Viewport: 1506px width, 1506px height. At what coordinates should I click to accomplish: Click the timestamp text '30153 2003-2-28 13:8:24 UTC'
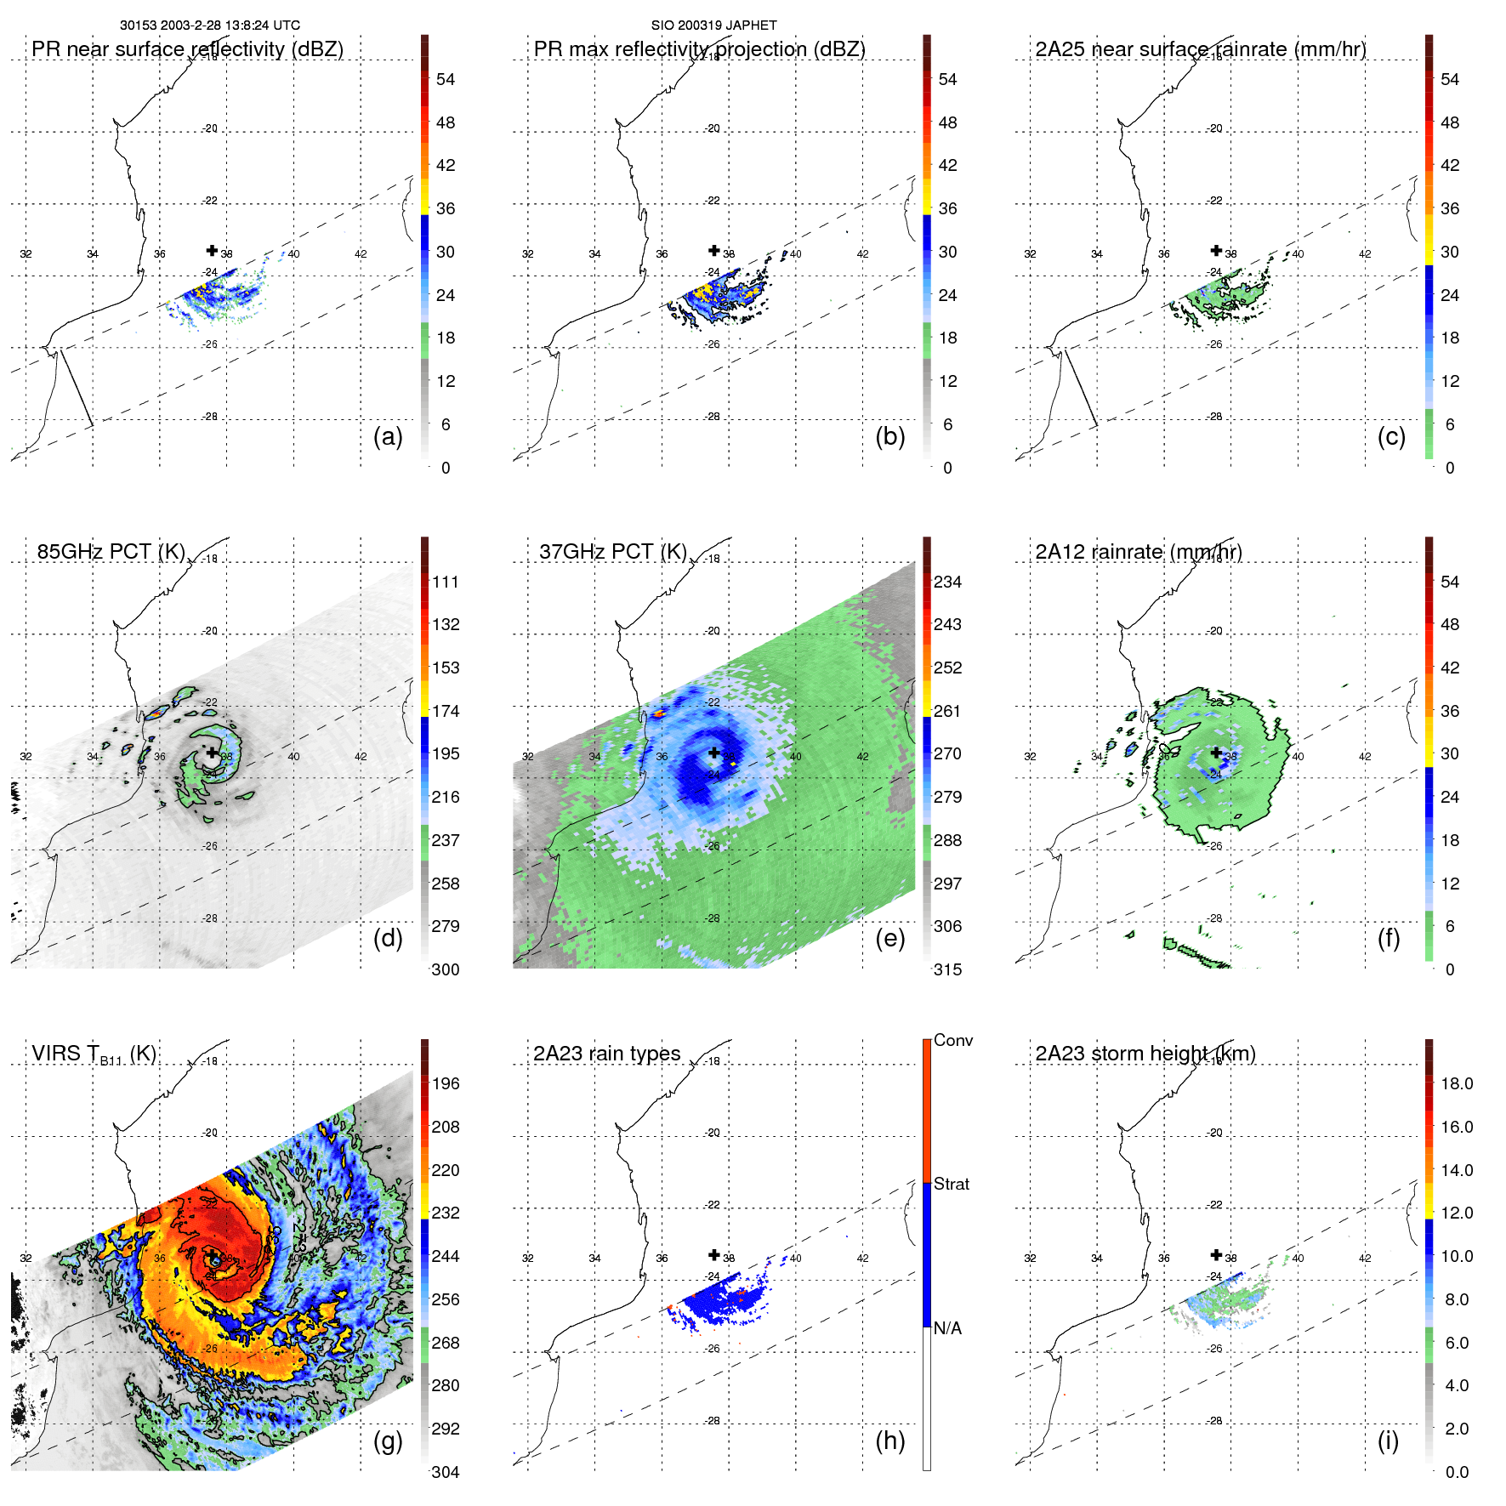209,26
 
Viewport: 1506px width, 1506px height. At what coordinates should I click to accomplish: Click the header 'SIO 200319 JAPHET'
713,26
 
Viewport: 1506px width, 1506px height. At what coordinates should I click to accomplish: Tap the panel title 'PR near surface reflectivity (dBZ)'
187,49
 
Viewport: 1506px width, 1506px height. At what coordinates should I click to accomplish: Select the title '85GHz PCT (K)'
111,552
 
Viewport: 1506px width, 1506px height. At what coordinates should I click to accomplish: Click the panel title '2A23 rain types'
606,1054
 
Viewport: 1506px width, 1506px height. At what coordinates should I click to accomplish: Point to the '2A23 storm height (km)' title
1145,1054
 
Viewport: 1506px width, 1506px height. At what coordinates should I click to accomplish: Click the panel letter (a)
388,437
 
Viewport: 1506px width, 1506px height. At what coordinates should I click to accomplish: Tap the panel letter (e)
889,939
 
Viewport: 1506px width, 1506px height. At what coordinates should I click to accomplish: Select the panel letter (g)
388,1441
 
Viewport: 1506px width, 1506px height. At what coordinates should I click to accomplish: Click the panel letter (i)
1388,1441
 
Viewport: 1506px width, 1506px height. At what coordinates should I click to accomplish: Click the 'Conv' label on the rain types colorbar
952,1040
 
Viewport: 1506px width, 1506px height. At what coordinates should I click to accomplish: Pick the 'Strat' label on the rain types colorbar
951,1184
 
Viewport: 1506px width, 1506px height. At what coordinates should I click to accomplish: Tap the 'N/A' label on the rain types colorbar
947,1328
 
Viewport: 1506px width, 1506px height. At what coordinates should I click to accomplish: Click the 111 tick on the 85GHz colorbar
446,583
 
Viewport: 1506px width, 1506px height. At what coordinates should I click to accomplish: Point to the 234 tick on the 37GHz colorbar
947,583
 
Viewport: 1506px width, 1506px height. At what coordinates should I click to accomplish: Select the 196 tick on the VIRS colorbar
446,1084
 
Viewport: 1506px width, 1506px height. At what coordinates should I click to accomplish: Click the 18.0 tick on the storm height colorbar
1456,1084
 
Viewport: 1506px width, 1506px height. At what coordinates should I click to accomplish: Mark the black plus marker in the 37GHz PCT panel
714,753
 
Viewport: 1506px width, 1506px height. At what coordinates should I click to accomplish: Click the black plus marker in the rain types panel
714,1254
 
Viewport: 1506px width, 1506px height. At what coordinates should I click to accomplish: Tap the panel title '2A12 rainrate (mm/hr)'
1138,552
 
